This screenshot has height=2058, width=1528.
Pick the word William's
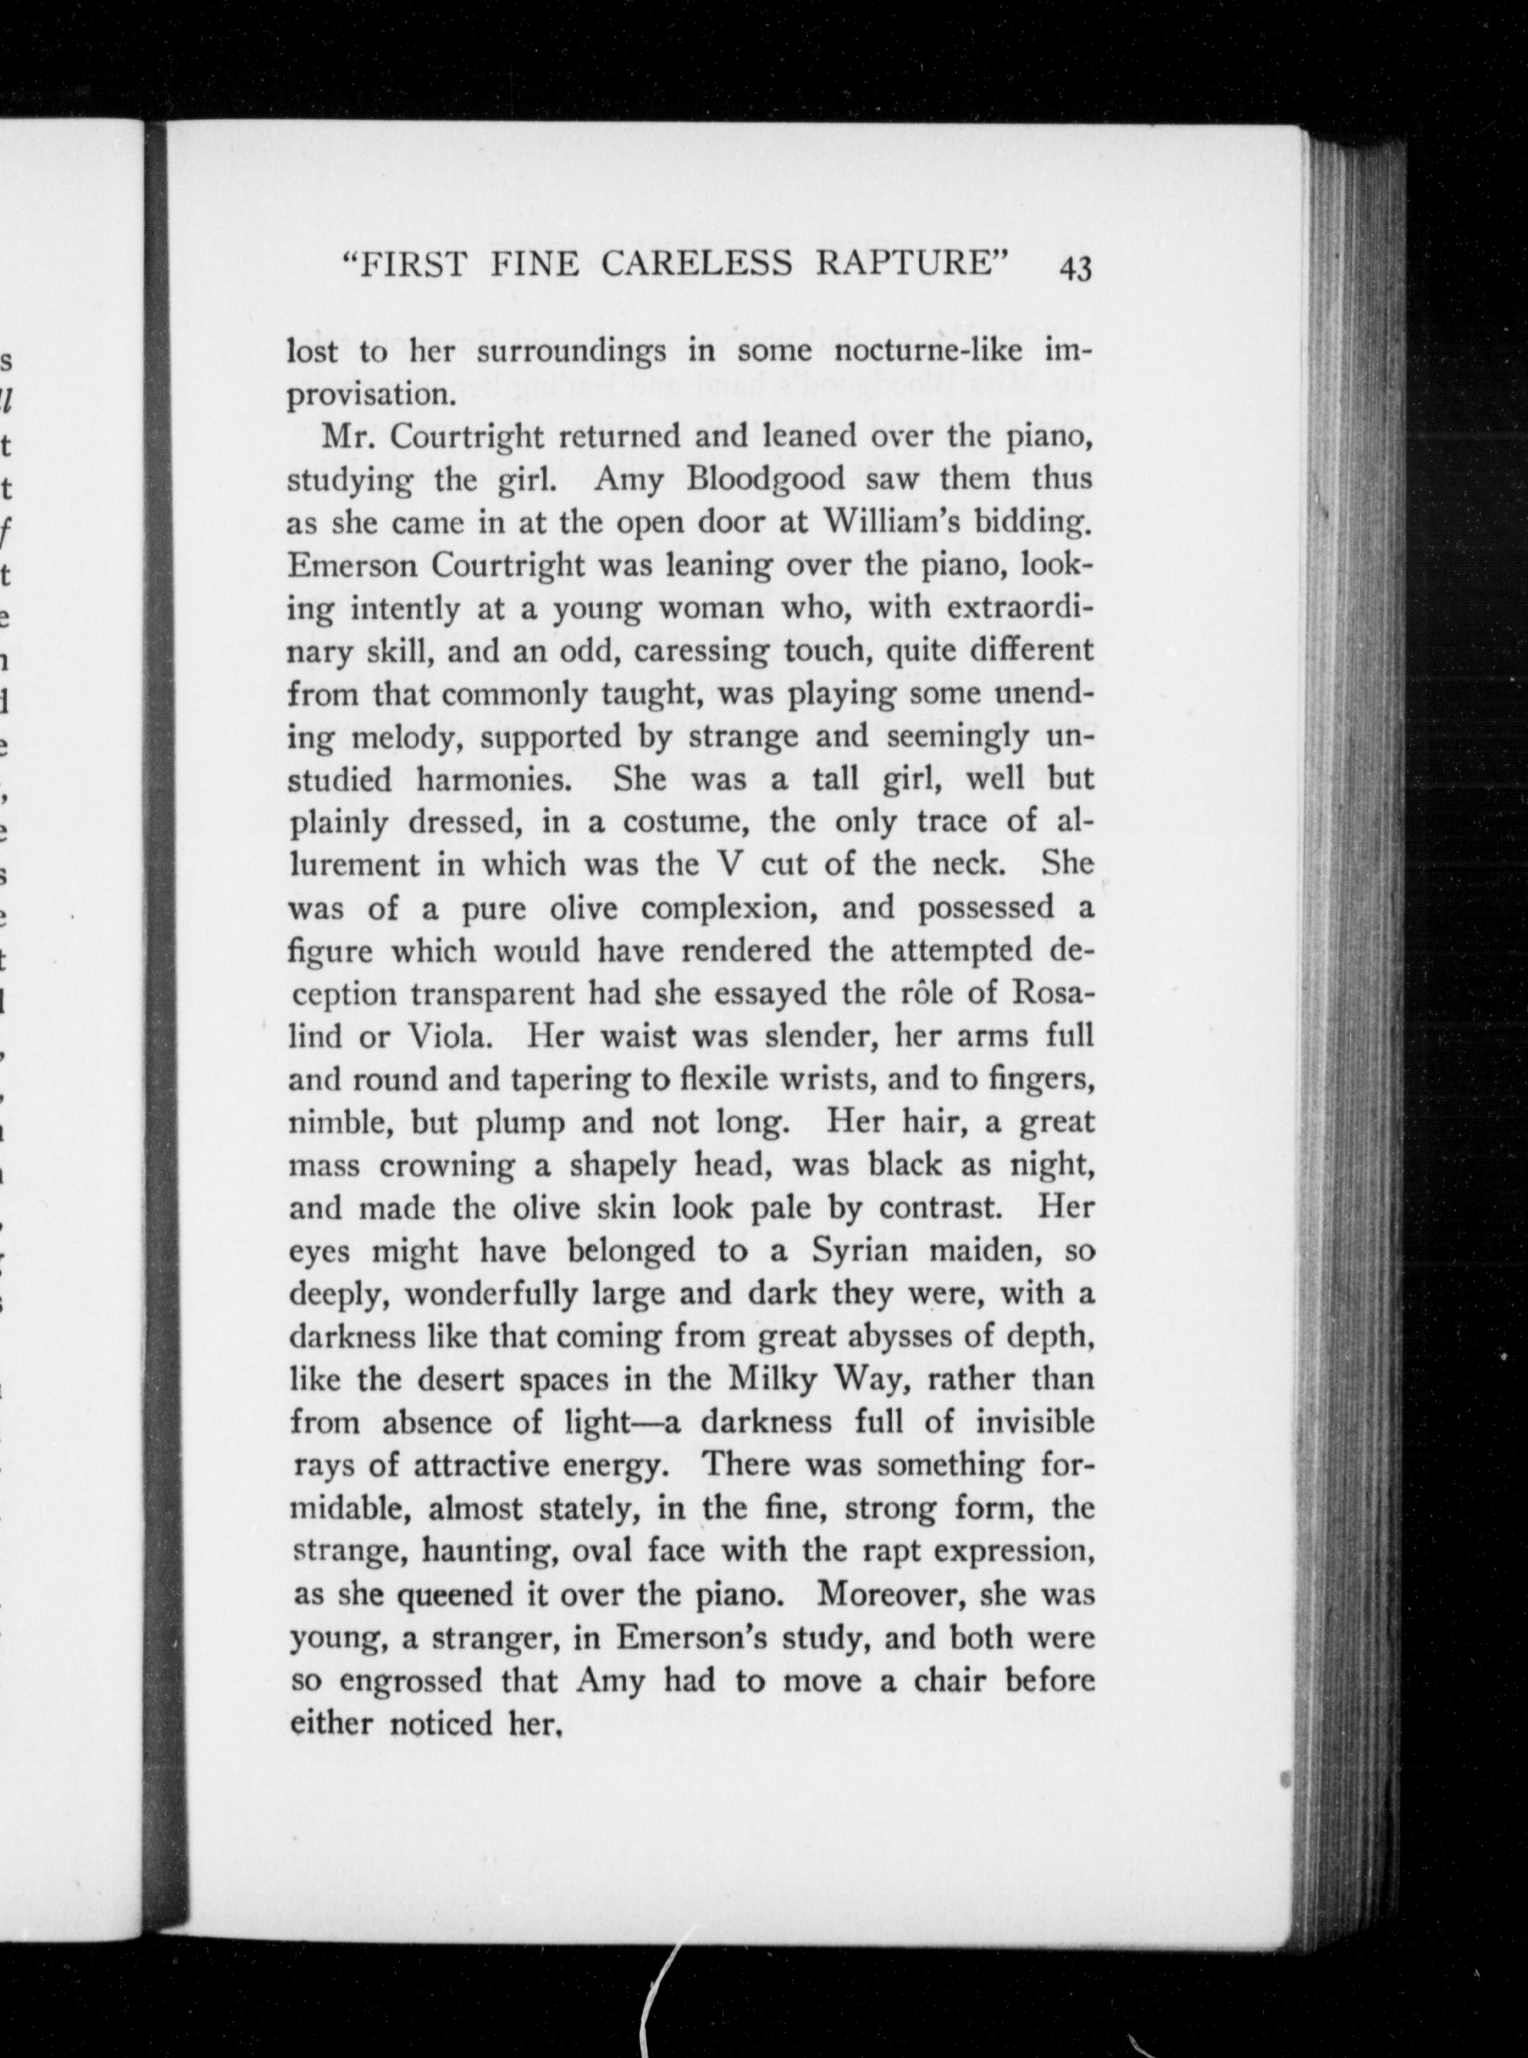point(911,523)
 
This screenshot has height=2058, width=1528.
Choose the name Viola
point(447,1037)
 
